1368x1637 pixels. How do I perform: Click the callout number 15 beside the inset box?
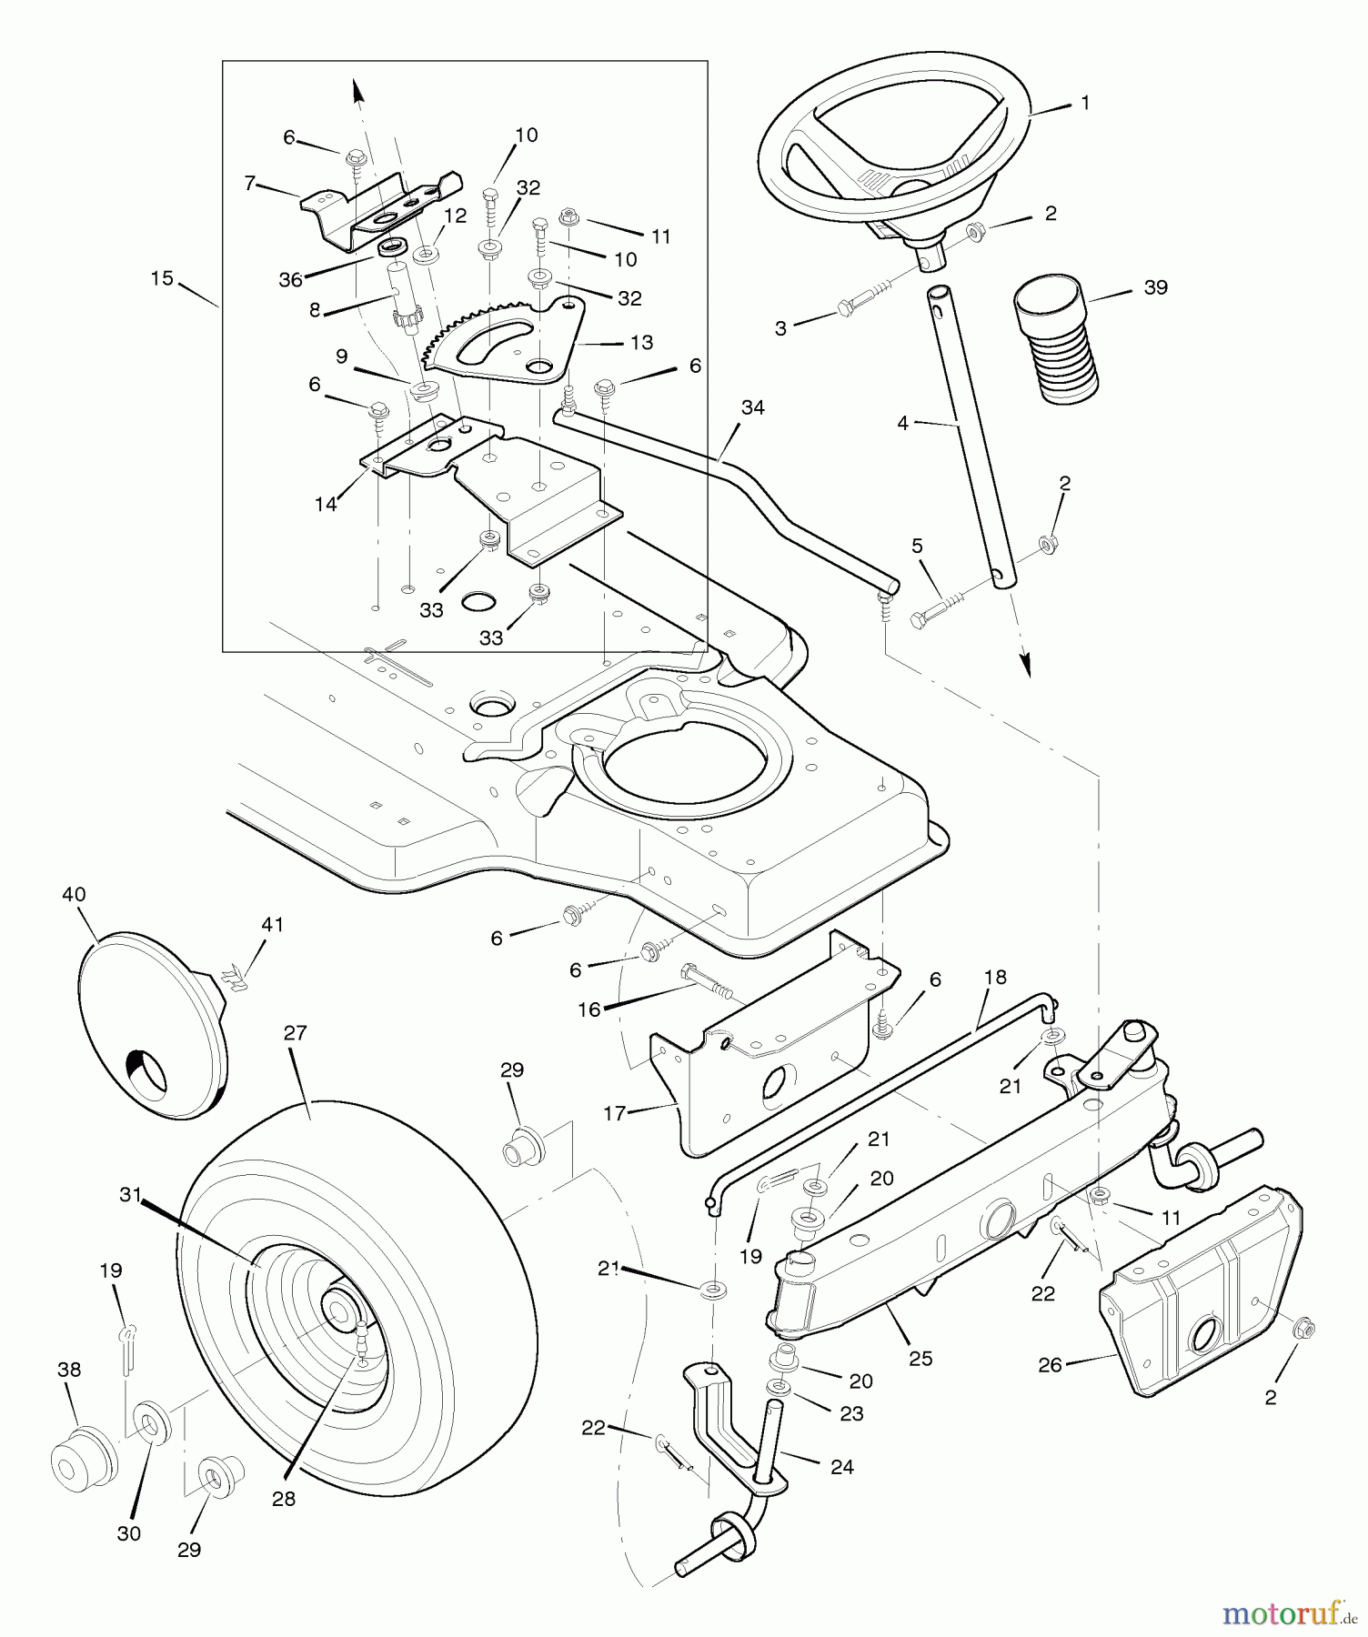(x=162, y=278)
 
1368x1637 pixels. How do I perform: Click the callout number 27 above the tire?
(x=296, y=1033)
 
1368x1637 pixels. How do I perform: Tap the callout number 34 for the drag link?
(x=752, y=408)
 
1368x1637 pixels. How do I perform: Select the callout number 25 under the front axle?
(x=920, y=1358)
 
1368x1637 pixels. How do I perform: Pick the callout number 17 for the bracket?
(x=615, y=1112)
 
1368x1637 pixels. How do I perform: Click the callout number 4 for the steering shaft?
(x=902, y=423)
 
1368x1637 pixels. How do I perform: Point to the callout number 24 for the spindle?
(x=842, y=1466)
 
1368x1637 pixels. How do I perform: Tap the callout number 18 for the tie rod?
(x=995, y=977)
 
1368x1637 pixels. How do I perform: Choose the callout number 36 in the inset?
(x=290, y=280)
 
